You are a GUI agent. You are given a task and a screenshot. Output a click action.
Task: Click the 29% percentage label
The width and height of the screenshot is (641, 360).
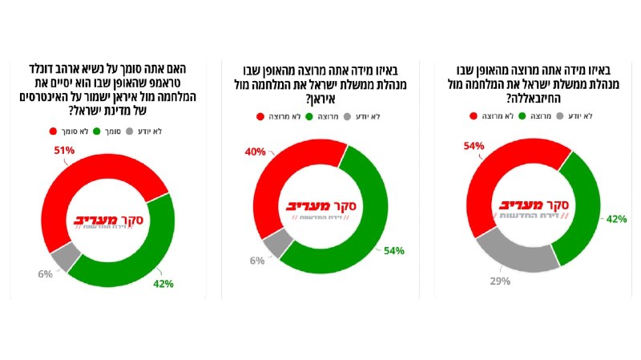499,281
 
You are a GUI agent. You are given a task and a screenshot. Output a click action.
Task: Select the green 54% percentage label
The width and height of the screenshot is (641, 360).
393,250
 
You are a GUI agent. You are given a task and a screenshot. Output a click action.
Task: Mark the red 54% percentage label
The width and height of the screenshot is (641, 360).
474,146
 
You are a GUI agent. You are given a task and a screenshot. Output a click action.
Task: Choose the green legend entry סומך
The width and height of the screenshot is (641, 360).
110,131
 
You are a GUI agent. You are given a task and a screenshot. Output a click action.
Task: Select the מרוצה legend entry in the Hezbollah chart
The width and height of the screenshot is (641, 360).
536,116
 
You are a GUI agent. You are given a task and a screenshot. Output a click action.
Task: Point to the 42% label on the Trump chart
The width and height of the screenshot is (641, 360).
163,283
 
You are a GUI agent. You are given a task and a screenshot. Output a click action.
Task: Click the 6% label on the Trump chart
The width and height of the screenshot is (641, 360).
45,273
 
